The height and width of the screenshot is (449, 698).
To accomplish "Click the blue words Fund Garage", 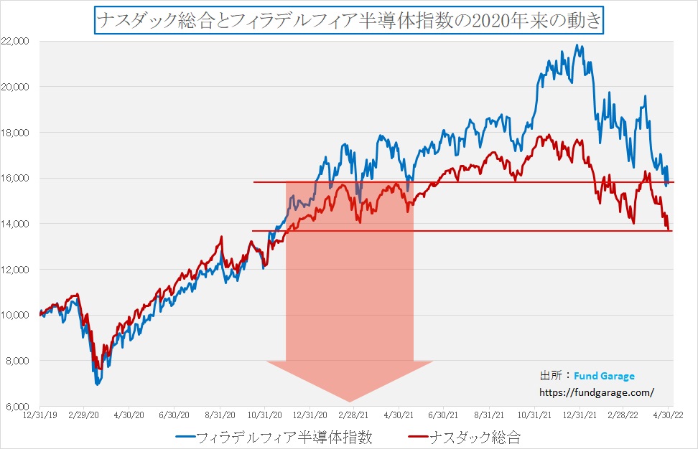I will (x=604, y=376).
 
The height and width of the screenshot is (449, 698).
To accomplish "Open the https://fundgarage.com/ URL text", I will (x=597, y=392).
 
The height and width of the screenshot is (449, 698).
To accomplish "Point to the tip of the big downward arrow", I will (x=350, y=402).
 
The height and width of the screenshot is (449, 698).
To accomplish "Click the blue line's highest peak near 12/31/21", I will (x=577, y=45).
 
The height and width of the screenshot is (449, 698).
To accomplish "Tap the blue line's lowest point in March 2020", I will (x=97, y=385).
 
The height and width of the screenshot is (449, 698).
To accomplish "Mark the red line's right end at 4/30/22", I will (x=669, y=230).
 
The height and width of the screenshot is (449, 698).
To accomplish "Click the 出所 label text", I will (x=552, y=376).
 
